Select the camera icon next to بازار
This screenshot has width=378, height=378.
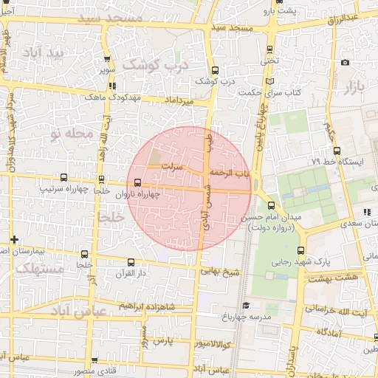coord(345,62)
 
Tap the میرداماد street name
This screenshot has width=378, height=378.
coord(178,99)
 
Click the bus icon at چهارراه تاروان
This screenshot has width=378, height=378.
coord(138,183)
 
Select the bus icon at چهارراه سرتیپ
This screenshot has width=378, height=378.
coord(63,178)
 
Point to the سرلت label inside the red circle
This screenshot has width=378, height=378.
coord(171,168)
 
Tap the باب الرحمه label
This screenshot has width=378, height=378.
coord(231,172)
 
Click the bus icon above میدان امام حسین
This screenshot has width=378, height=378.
coord(272,206)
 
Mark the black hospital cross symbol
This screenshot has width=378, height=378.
coord(15,239)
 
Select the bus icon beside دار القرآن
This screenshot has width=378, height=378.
coord(131,262)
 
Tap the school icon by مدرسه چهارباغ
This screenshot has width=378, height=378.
coord(246,305)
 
